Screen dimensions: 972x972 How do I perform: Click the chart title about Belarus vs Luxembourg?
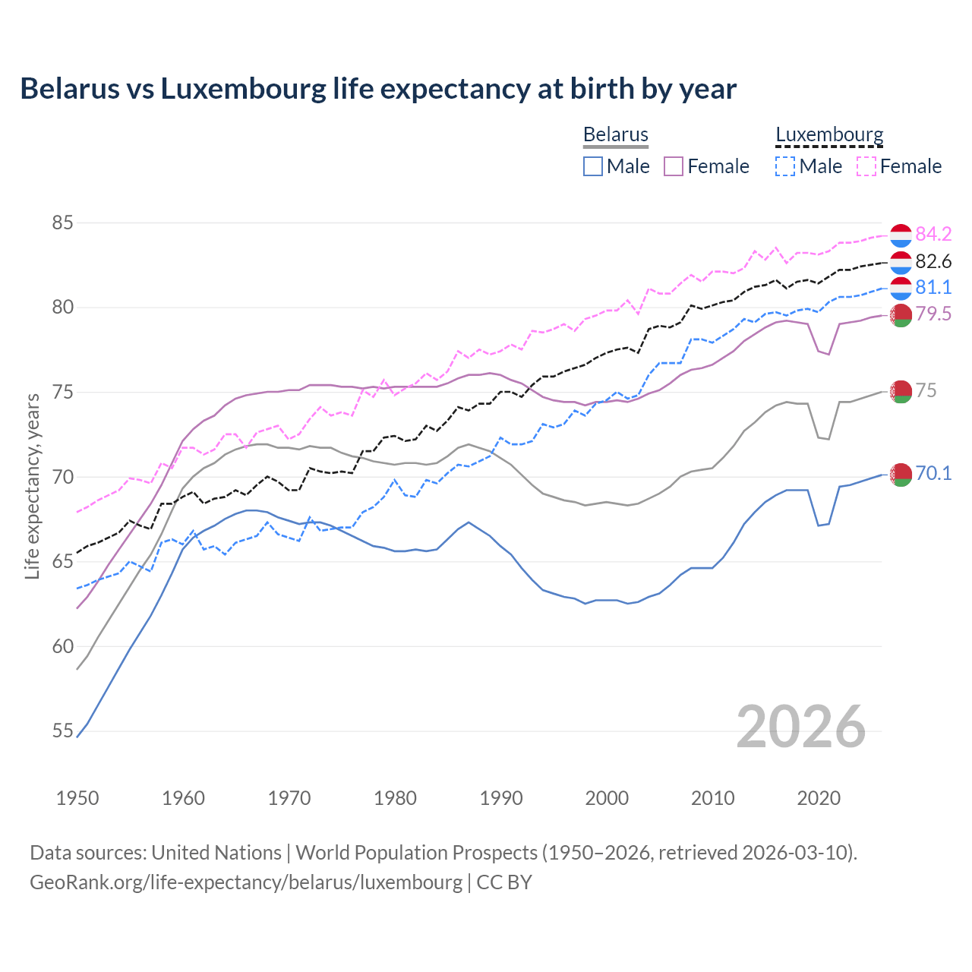[377, 89]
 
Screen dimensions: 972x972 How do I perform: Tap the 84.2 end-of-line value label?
[933, 234]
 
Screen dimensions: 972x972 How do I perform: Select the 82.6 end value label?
[933, 261]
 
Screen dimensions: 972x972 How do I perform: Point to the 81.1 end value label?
[933, 287]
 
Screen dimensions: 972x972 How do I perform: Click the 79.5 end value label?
[933, 314]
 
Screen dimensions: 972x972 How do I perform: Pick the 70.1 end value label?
[933, 473]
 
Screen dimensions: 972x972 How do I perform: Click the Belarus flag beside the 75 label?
[901, 391]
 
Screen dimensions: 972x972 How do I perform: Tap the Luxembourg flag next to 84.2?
[901, 235]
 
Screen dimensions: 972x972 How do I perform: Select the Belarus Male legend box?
[593, 166]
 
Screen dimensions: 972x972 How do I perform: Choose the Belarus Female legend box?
[674, 166]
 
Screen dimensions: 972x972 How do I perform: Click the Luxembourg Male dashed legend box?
[785, 166]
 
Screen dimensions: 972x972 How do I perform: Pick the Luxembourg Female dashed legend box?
[866, 166]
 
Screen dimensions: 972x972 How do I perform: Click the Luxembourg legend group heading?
[829, 134]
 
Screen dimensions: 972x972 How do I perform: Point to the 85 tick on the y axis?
[62, 223]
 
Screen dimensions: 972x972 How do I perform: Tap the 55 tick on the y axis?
[62, 731]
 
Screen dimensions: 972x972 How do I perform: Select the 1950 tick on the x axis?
[77, 798]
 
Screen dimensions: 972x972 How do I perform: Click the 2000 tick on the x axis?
[607, 798]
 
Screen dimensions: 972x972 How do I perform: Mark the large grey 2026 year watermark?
[801, 727]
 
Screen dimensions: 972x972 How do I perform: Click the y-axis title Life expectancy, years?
[33, 486]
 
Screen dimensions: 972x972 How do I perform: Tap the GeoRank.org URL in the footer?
[246, 882]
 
